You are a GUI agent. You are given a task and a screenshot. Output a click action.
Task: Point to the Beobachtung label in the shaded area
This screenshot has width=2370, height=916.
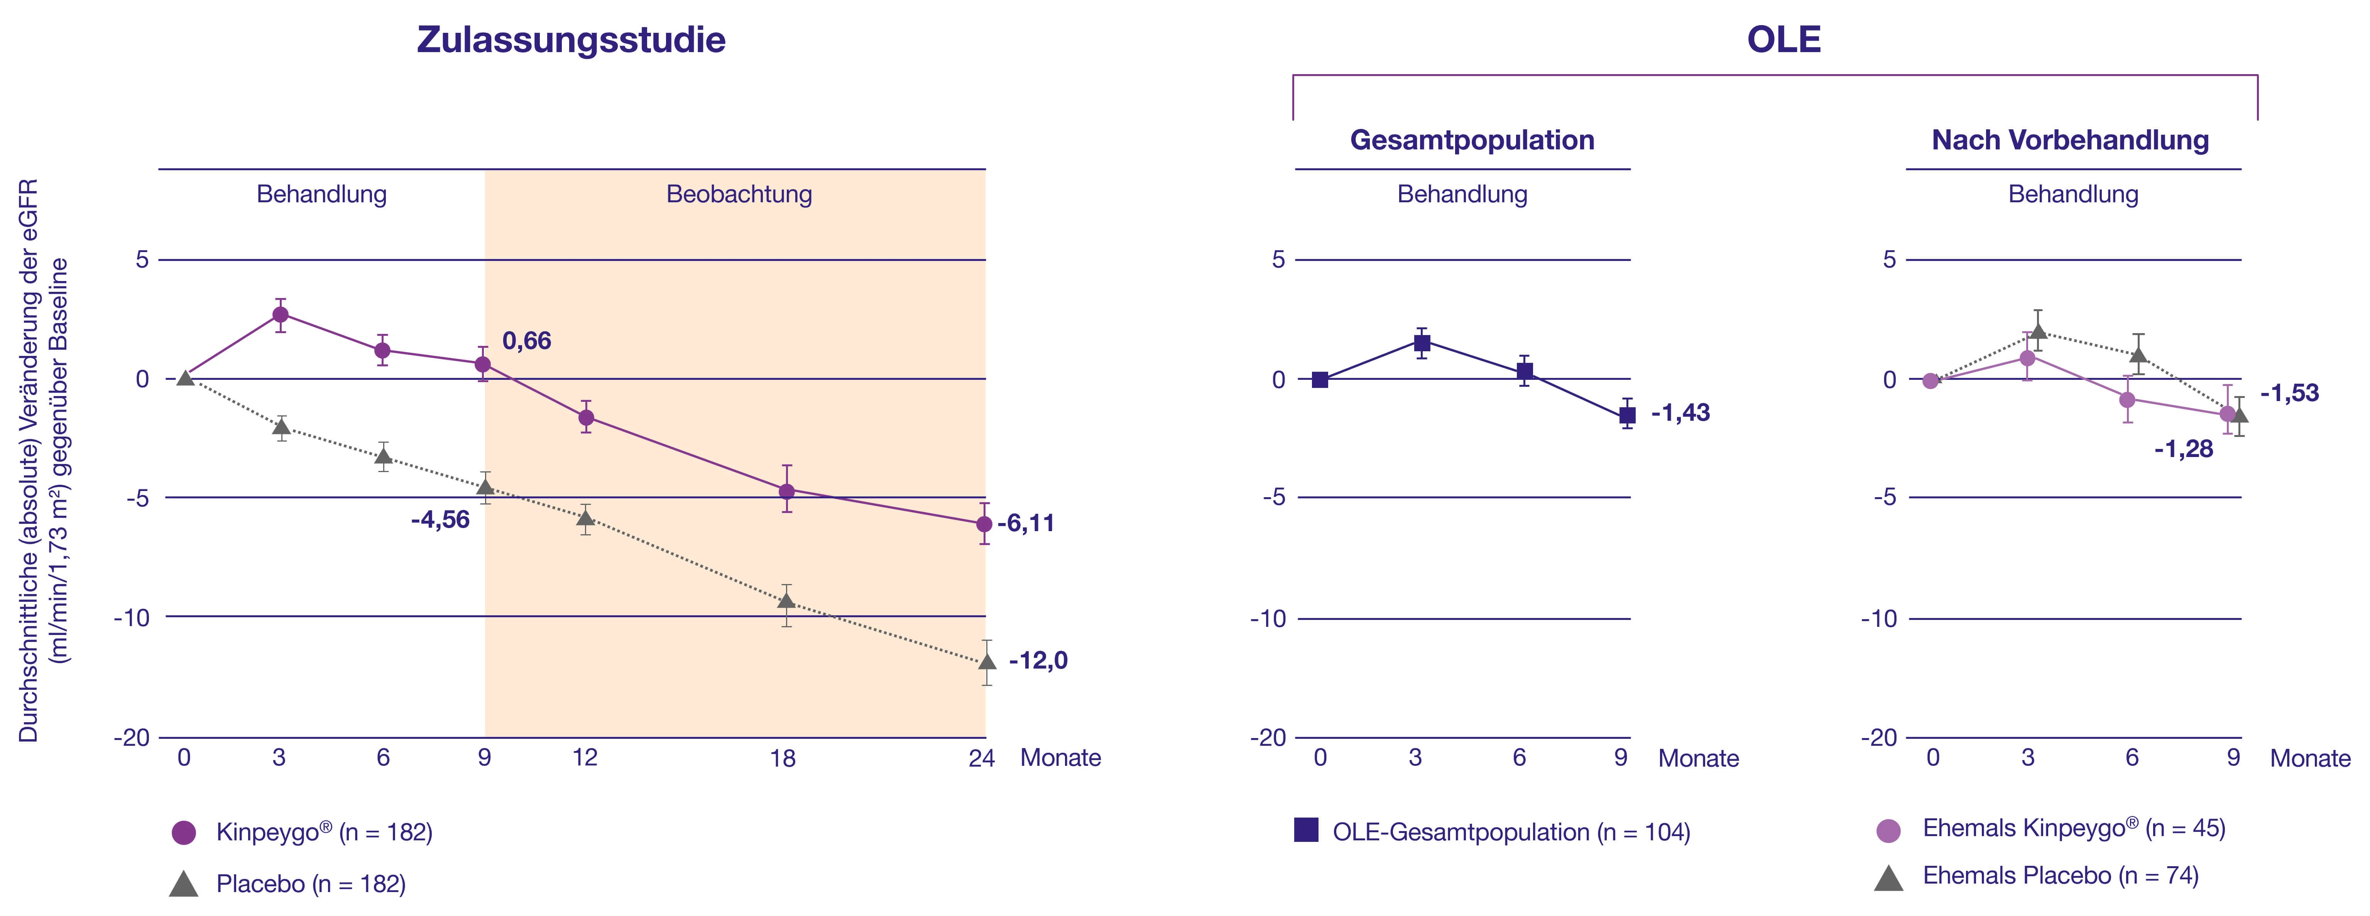(x=739, y=194)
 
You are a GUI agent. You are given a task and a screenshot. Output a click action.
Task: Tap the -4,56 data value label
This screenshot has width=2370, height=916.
(x=440, y=520)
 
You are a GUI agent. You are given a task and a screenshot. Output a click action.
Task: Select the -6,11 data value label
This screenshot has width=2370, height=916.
(x=1026, y=523)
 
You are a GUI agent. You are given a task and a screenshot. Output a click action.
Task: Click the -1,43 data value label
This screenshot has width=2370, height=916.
(x=1680, y=412)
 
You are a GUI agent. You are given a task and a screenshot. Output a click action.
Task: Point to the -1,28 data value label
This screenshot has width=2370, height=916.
(x=2183, y=449)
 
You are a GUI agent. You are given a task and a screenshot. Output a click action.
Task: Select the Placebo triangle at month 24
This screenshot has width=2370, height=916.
(x=986, y=661)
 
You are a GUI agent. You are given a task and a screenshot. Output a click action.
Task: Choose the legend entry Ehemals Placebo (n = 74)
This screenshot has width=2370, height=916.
(x=2060, y=875)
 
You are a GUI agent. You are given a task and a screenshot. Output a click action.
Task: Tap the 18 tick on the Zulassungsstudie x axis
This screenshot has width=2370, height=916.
(x=783, y=758)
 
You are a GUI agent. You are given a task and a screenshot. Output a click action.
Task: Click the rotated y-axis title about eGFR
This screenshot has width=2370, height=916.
(x=43, y=460)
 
